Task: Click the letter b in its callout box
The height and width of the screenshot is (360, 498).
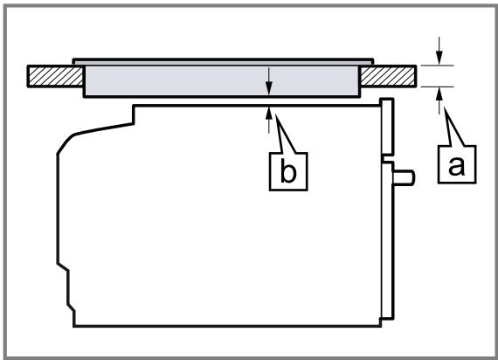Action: pos(288,172)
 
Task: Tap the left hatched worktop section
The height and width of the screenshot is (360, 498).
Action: pos(56,76)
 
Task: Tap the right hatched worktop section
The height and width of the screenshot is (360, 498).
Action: pos(388,76)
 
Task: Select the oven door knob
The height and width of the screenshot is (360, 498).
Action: pos(404,177)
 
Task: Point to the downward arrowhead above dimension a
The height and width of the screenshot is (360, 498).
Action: pos(439,59)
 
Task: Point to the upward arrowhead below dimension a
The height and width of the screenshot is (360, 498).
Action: pos(439,93)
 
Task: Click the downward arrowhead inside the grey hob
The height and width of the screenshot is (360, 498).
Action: pos(269,88)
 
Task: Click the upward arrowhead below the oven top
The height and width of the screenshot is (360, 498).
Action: pos(269,113)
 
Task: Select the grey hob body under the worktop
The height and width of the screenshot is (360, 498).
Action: pos(222,80)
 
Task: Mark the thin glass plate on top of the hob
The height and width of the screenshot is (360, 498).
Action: pos(223,62)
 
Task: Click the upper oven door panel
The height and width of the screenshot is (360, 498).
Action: pos(387,127)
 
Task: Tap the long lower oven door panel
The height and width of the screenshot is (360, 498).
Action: pos(387,240)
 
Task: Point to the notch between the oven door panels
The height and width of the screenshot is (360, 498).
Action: pos(386,158)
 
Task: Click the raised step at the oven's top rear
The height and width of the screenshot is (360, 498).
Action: pos(134,114)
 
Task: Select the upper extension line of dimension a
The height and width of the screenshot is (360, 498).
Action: pos(437,66)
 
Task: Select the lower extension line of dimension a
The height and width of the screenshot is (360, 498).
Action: pos(437,87)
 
